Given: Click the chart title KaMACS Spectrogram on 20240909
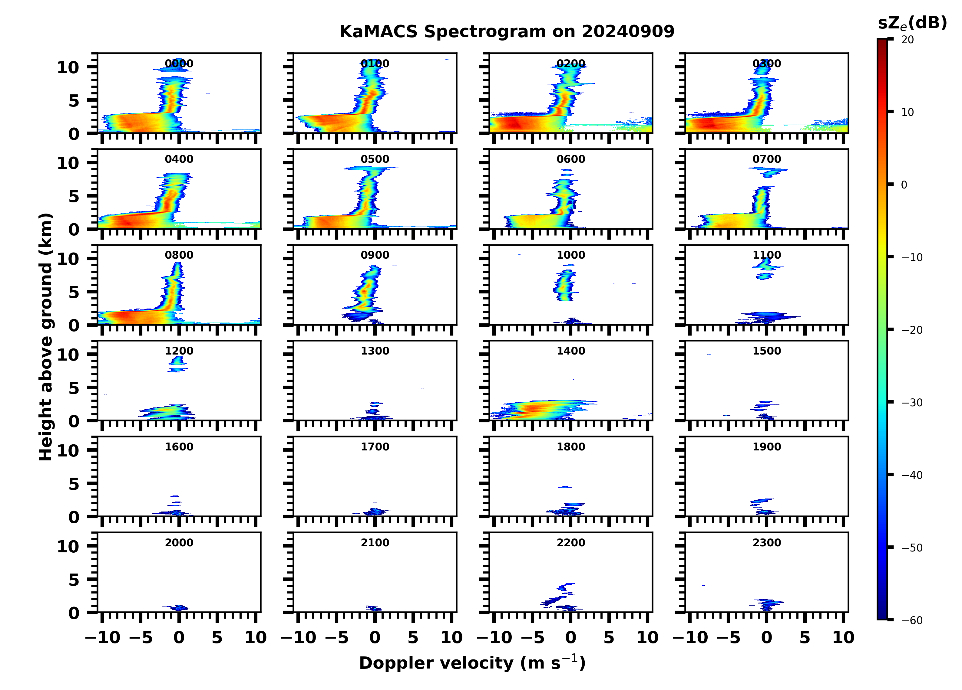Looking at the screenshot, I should point(507,32).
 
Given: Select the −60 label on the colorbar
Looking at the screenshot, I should point(911,620).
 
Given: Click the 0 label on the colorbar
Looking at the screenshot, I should point(904,185).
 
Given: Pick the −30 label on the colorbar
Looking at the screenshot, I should point(911,403).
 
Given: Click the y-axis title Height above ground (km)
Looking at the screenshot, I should point(46,337).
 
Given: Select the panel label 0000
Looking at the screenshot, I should point(179,64).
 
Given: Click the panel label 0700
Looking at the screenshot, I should point(766,159).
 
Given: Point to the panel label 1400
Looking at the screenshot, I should point(570,351).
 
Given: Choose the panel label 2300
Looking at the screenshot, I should point(766,542).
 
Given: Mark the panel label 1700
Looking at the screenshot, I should point(375,447).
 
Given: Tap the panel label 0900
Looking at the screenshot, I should point(375,255).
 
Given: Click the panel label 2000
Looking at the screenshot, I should point(179,542).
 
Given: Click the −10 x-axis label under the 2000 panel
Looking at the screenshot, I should point(103,637).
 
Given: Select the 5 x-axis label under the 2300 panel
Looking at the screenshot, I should point(805,637).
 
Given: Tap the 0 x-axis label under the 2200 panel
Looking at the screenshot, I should point(570,637).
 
